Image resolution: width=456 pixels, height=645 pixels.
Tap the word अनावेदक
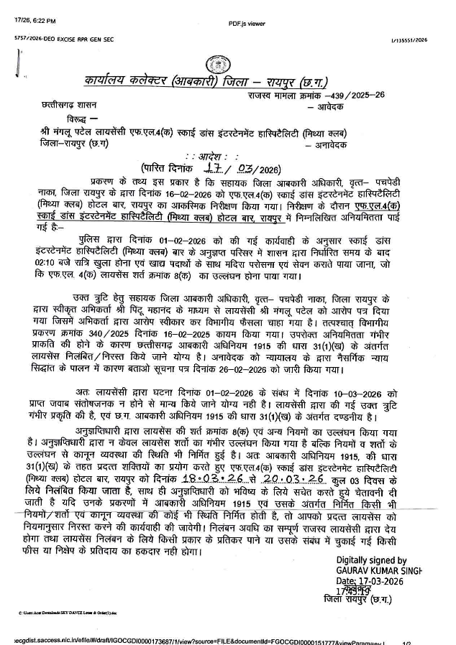pyautogui.click(x=333, y=145)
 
